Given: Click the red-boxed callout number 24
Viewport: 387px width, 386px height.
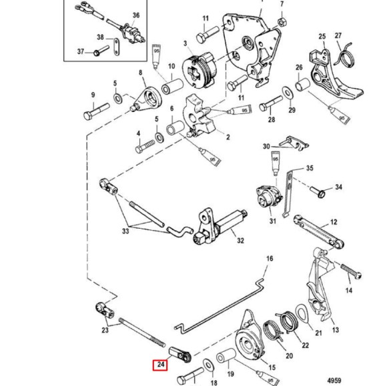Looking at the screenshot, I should (x=161, y=365).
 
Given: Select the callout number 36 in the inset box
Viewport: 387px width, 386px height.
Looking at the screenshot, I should (x=136, y=15).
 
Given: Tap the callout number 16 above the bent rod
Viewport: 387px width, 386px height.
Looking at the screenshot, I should (x=270, y=258).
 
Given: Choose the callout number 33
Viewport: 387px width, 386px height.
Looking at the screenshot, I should (x=125, y=232).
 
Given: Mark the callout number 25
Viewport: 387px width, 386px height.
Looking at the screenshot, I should (x=322, y=36).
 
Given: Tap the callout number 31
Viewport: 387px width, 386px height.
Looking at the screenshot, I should (x=272, y=221).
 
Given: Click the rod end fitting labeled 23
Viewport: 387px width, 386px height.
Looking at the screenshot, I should (x=102, y=309).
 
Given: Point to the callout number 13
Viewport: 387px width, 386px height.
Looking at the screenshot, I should (x=335, y=329).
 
